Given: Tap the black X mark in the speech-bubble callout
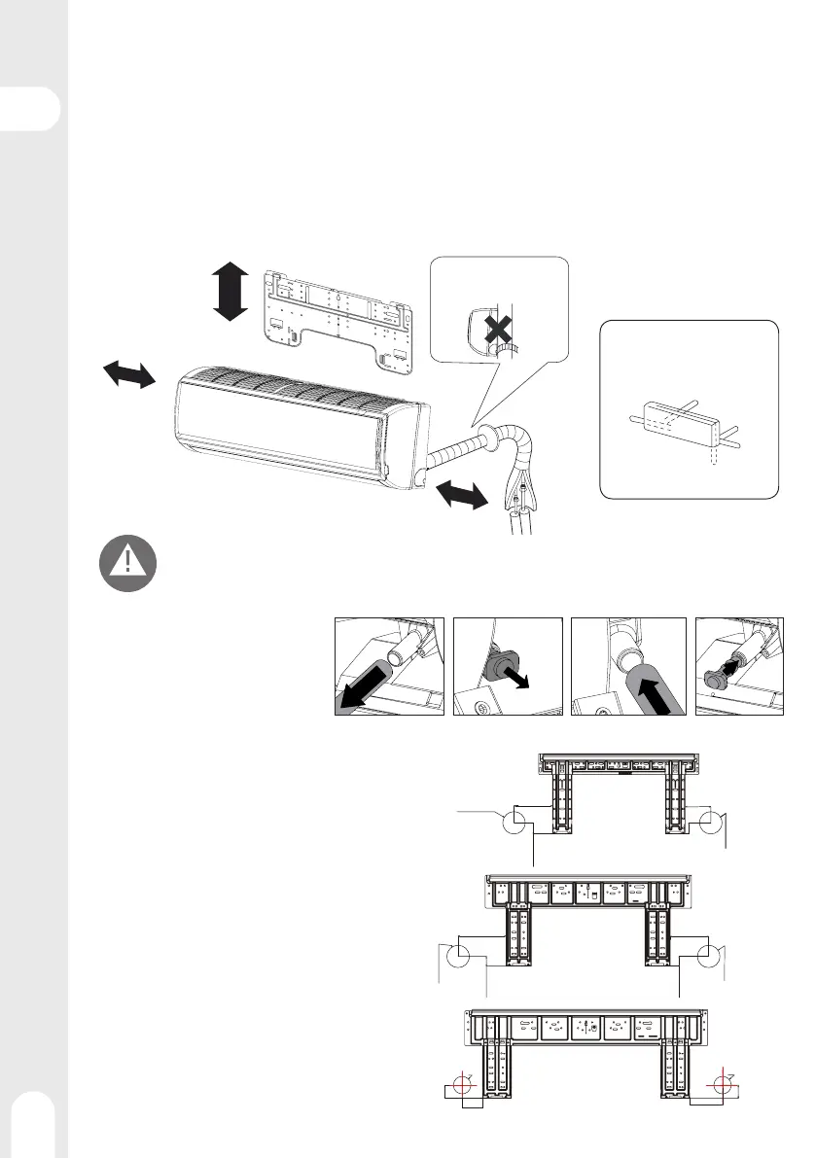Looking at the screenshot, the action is (x=497, y=331).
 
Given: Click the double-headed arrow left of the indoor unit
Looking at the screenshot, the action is (x=129, y=373).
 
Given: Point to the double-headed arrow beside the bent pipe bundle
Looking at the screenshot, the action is (x=459, y=495).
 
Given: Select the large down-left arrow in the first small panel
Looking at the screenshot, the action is (x=364, y=691).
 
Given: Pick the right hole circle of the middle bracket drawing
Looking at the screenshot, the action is (x=707, y=957).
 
